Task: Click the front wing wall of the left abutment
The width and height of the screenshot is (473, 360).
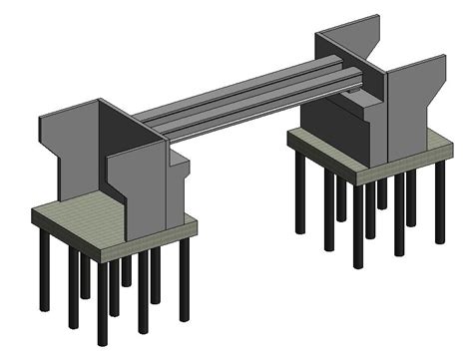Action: pos(140,184)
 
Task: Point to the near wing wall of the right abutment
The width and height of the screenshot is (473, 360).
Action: pos(409,110)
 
